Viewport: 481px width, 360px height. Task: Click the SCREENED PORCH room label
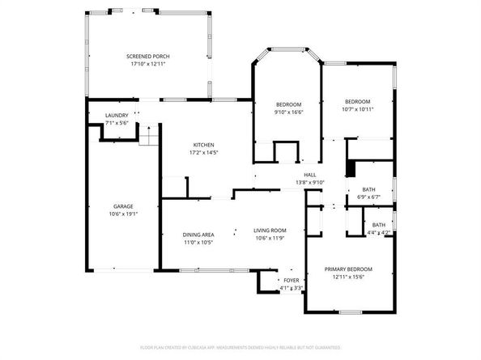148,56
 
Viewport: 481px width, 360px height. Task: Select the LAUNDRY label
117,116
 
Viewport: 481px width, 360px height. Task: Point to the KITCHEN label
203,145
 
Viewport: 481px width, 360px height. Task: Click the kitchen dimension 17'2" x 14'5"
203,152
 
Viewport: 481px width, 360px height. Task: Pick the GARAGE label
123,206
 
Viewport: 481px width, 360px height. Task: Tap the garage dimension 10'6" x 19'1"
123,214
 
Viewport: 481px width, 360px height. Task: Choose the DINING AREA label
198,235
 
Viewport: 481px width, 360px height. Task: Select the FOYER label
291,280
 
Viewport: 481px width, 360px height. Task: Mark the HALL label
309,175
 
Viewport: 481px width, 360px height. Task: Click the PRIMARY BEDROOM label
348,269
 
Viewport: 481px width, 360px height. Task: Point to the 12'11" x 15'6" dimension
348,276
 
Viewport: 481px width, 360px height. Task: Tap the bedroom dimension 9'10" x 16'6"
288,112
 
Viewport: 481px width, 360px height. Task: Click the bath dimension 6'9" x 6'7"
368,197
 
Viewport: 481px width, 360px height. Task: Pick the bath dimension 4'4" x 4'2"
378,233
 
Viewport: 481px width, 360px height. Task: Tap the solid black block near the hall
350,167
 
